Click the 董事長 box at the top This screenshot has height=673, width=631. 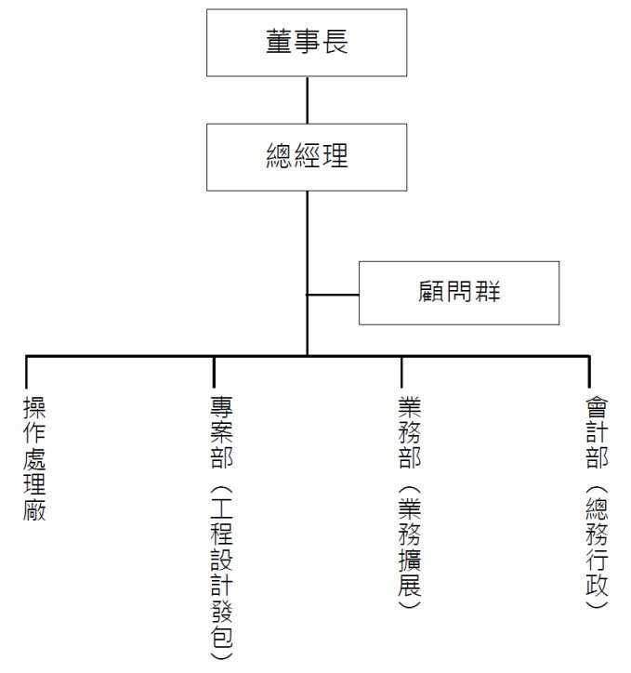(x=307, y=43)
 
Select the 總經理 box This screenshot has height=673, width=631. (x=307, y=157)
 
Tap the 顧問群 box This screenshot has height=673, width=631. (x=459, y=293)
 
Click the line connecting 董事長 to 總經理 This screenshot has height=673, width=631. (x=307, y=100)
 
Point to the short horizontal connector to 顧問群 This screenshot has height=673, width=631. (x=333, y=295)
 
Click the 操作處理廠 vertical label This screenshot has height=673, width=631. (x=34, y=459)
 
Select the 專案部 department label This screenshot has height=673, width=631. (x=222, y=432)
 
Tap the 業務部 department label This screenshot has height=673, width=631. (x=410, y=432)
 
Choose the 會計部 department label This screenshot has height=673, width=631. (x=598, y=432)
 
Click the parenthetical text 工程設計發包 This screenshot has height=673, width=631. (x=222, y=573)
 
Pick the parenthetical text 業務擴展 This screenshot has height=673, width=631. (x=410, y=547)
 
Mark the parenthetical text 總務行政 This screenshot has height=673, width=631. (x=598, y=547)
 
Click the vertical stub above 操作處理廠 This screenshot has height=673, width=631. (x=26, y=372)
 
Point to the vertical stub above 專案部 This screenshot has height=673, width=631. (x=214, y=372)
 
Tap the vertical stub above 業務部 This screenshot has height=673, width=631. (x=401, y=372)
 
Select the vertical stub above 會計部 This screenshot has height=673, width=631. (x=589, y=372)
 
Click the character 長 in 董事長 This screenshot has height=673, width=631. (x=335, y=42)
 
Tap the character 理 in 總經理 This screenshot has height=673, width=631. (x=335, y=155)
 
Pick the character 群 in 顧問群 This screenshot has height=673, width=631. (x=488, y=292)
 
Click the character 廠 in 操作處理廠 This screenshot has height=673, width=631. (x=34, y=510)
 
